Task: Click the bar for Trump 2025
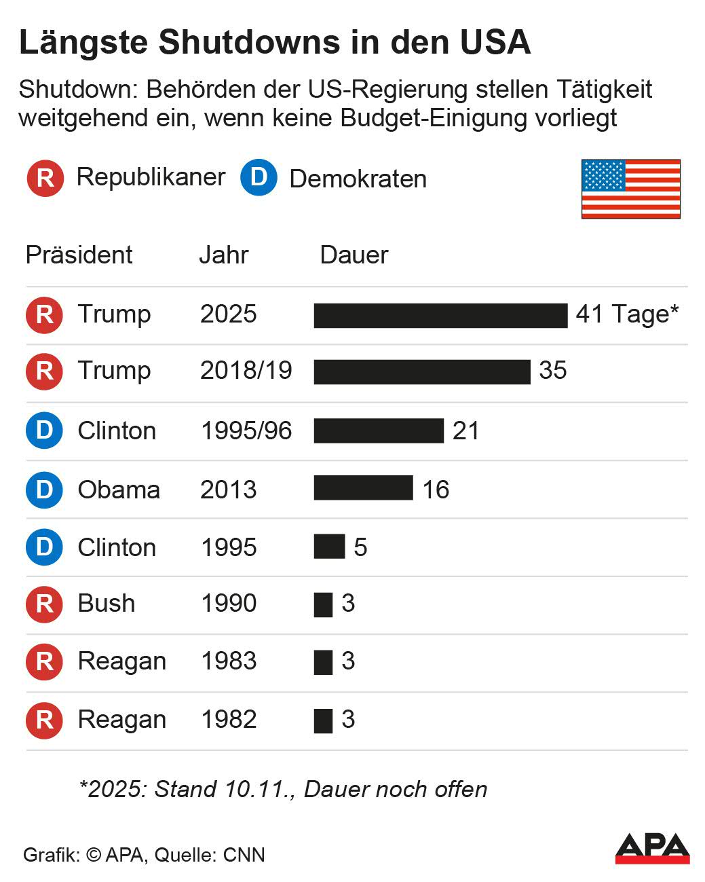(440, 316)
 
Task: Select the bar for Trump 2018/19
(421, 372)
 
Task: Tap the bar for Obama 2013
(363, 488)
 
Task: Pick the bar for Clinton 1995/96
(379, 430)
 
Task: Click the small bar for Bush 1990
(323, 604)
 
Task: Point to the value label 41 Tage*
(627, 314)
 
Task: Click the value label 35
(552, 371)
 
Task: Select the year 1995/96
(246, 430)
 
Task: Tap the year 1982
(229, 720)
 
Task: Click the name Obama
(119, 490)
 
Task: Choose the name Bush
(107, 603)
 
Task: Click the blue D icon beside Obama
(44, 490)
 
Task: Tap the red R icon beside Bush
(44, 604)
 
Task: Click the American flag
(630, 189)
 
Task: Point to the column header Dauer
(354, 255)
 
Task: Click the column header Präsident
(79, 255)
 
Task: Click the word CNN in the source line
(244, 855)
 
